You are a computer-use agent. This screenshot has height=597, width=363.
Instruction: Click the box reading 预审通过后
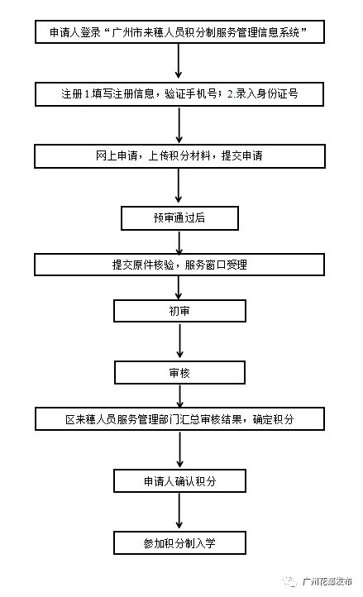pos(179,218)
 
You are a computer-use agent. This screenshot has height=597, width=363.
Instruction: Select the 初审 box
pos(179,311)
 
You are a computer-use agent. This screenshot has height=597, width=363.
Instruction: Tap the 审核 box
pos(179,373)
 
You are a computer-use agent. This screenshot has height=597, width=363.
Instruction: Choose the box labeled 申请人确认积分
pos(179,481)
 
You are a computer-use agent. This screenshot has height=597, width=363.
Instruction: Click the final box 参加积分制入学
pos(179,543)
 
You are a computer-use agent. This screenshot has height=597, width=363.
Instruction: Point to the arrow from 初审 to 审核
pos(179,341)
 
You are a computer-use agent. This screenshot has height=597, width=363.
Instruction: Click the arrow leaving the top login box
pos(179,61)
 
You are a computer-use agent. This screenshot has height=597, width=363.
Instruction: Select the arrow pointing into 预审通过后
pos(179,186)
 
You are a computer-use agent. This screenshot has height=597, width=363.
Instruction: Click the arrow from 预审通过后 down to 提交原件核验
pos(179,242)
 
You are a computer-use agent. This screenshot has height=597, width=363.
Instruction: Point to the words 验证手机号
pos(190,93)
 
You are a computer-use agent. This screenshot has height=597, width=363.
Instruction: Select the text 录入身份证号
pos(266,93)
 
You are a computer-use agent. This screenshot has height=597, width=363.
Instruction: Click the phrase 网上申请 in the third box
pos(117,155)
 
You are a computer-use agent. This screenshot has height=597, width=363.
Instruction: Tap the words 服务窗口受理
pos(216,265)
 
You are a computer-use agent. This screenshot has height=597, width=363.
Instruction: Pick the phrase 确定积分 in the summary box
pos(273,419)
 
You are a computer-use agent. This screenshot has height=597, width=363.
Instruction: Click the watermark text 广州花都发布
pos(327,582)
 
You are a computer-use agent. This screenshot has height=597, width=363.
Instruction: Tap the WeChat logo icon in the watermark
pos(290,581)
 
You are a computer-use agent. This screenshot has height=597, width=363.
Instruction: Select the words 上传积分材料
pos(179,155)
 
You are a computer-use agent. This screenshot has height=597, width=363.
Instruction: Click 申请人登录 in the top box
pos(75,32)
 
